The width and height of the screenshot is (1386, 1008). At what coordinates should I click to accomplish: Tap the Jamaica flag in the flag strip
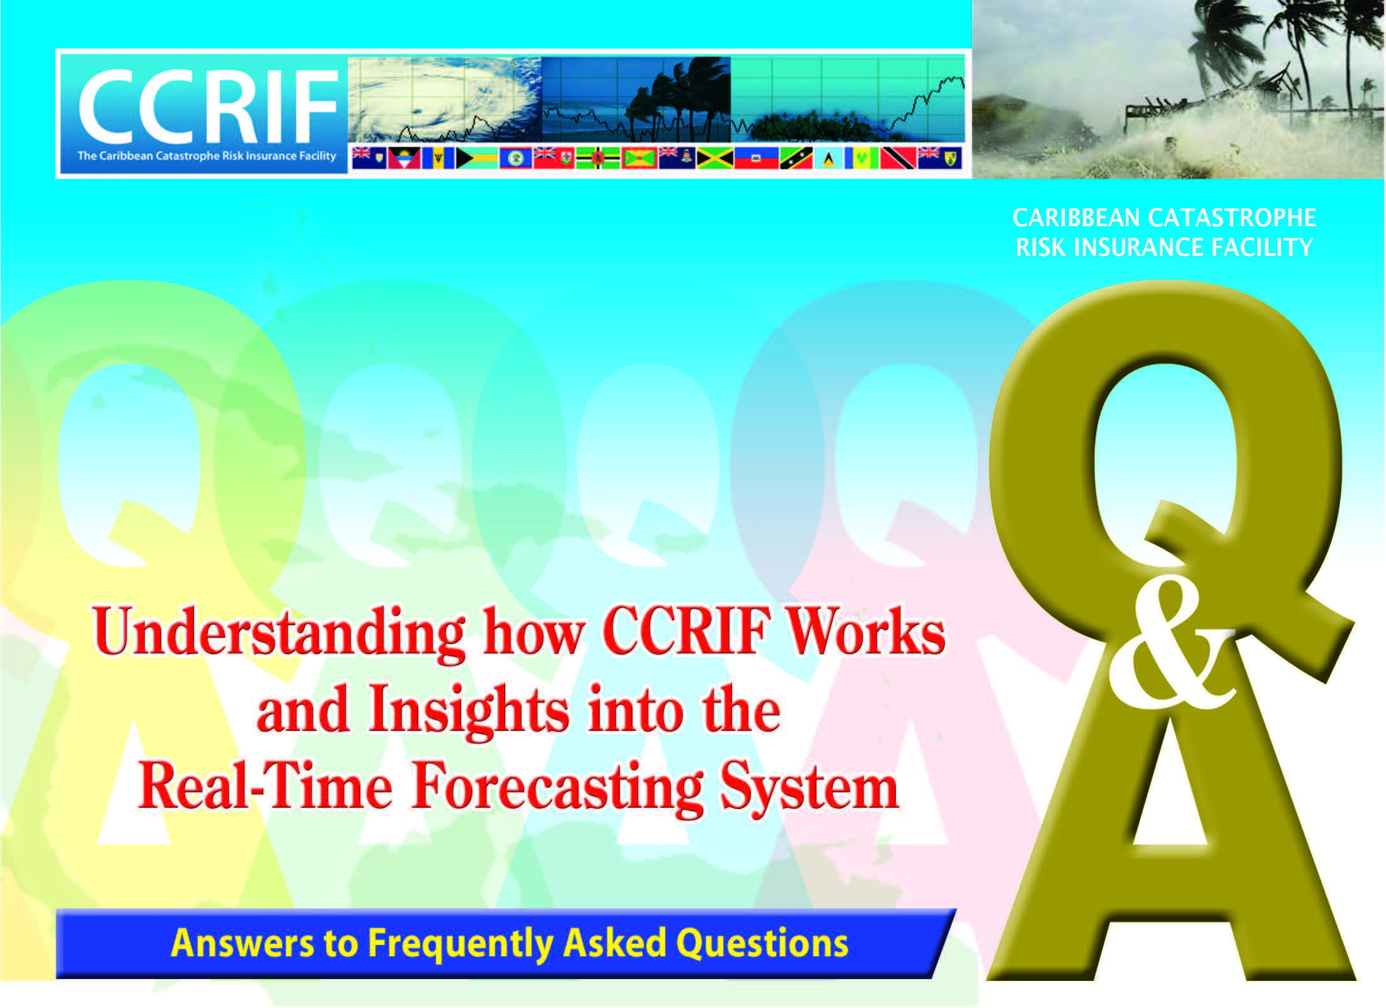[715, 158]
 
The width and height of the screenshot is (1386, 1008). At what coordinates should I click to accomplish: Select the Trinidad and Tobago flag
[898, 158]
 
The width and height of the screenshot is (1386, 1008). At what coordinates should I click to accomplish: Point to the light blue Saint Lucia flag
[828, 158]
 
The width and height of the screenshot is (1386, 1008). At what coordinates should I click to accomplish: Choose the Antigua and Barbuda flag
[404, 158]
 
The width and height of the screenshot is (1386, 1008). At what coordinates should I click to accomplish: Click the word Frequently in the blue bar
[461, 944]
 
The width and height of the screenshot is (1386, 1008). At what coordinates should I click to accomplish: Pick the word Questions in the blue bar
[762, 943]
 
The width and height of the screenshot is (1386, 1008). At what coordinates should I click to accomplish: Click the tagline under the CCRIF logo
[207, 156]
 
